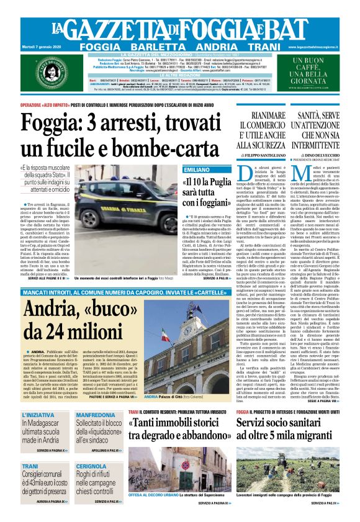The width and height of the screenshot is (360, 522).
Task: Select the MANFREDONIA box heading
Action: pyautogui.click(x=95, y=414)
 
